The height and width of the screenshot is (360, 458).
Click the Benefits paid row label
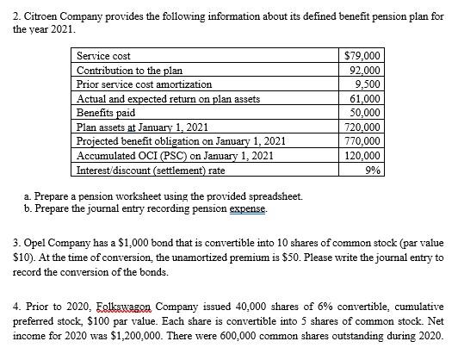point(107,113)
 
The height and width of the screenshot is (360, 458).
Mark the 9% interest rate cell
point(374,170)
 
